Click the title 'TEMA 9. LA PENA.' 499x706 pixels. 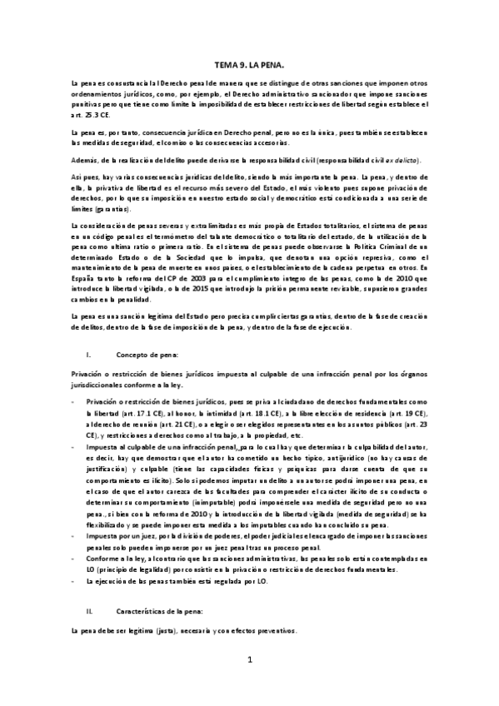pyautogui.click(x=250, y=63)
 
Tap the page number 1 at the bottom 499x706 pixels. pyautogui.click(x=250, y=684)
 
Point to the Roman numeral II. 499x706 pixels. pyautogui.click(x=90, y=612)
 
